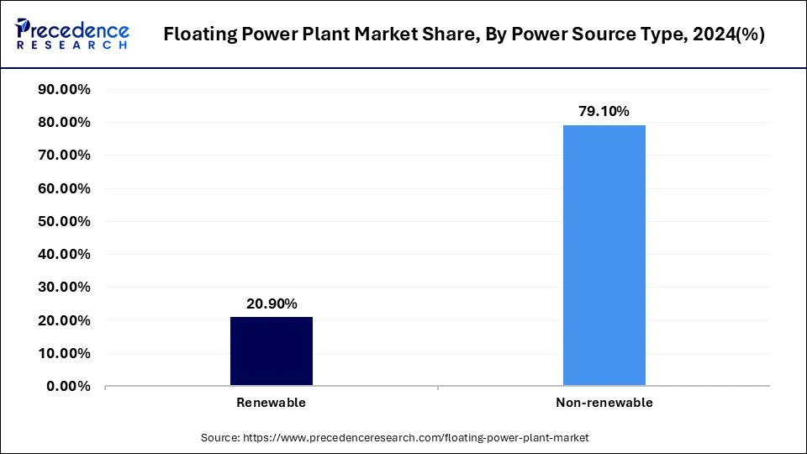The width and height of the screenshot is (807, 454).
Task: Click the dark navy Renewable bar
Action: pyautogui.click(x=271, y=351)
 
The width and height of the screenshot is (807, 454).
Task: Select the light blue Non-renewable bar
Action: pyautogui.click(x=604, y=256)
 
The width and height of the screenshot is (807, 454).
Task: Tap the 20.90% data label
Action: pyautogui.click(x=271, y=304)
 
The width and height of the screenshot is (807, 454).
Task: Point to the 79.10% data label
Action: pyautogui.click(x=604, y=111)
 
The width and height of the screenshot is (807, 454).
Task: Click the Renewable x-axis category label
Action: pyautogui.click(x=271, y=403)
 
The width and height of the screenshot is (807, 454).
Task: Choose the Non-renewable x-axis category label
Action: pyautogui.click(x=604, y=403)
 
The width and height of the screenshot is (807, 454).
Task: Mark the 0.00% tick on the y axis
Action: pyautogui.click(x=68, y=387)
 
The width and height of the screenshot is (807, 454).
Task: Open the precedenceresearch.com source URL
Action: pyautogui.click(x=415, y=437)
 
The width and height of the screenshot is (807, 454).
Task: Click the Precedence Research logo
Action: pyautogui.click(x=72, y=34)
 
